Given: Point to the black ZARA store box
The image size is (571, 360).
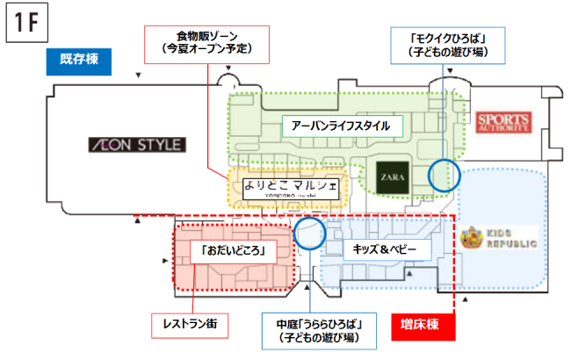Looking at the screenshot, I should pos(392,176).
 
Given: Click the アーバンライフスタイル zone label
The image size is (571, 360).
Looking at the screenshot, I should pos(340,126).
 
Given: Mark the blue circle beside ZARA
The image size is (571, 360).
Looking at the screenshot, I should pos(444,174).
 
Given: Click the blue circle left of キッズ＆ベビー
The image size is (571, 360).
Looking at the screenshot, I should pos(309,234).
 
